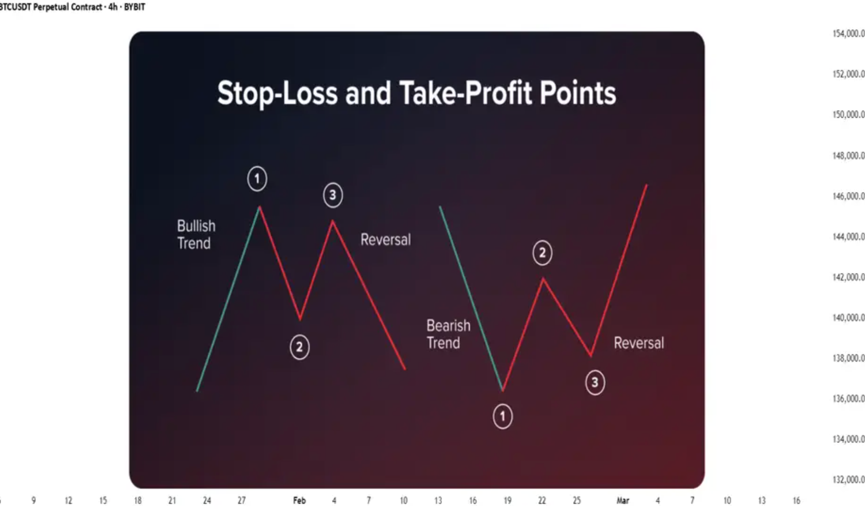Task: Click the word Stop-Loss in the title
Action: coord(277,93)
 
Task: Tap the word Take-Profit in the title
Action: coord(465,93)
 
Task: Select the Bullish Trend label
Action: coord(196,235)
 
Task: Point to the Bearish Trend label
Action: coord(448,334)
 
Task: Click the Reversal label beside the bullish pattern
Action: coord(385,240)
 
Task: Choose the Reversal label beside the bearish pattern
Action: coord(639,343)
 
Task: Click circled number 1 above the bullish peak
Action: coord(257,179)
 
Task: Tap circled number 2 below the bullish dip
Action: coord(299,347)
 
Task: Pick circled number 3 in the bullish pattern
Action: coord(333,195)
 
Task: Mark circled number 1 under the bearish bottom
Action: coord(503,417)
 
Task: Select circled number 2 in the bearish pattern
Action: coord(542,253)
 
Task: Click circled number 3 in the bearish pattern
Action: coord(595,383)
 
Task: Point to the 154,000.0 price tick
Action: coord(849,33)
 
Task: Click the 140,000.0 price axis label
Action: coord(849,317)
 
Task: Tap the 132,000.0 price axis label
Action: coord(849,480)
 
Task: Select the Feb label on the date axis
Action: coord(299,500)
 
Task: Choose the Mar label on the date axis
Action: coord(623,500)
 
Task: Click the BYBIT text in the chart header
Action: coord(134,7)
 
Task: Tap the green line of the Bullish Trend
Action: coord(228,299)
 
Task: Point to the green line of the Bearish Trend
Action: coord(471,299)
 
